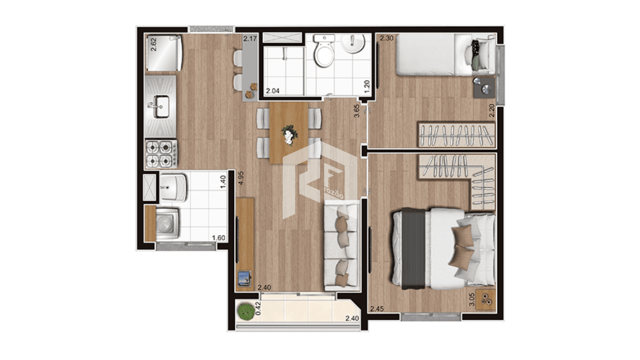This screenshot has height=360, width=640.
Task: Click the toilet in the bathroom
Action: point(324,51)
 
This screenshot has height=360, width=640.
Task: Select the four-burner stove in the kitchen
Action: point(161,154)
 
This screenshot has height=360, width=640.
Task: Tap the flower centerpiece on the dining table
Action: point(289,134)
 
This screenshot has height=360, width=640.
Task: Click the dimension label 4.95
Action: point(241,178)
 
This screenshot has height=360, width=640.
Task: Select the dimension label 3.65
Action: point(356,111)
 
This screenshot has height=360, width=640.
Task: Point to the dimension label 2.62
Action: point(153,44)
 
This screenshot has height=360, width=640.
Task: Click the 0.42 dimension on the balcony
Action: point(257,309)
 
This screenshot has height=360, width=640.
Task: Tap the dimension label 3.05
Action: point(471,300)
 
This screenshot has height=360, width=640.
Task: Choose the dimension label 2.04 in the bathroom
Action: point(273,91)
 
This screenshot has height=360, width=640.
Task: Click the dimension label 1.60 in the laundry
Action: point(219,238)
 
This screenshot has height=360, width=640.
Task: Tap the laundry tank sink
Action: point(173,187)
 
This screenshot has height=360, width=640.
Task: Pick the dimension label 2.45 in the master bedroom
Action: point(377,309)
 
